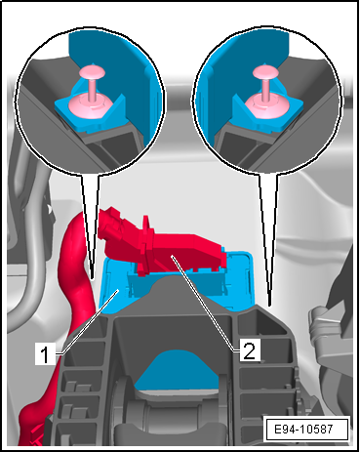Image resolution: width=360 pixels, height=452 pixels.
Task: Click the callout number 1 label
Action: coord(46,354)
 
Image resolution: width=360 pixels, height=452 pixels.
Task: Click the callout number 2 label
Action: coord(250,350)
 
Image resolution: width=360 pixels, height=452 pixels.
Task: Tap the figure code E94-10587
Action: coord(303,429)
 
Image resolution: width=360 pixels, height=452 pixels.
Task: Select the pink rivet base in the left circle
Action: coord(90,105)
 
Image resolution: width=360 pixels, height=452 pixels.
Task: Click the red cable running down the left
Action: coord(73,293)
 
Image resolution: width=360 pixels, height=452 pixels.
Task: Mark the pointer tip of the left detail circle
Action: coord(93,278)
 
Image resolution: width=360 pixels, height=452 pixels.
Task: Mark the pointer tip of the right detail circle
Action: coord(269,305)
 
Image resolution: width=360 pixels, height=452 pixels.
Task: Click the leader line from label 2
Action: coord(205,304)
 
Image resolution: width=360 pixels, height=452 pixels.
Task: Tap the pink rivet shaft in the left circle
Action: coord(93,89)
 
